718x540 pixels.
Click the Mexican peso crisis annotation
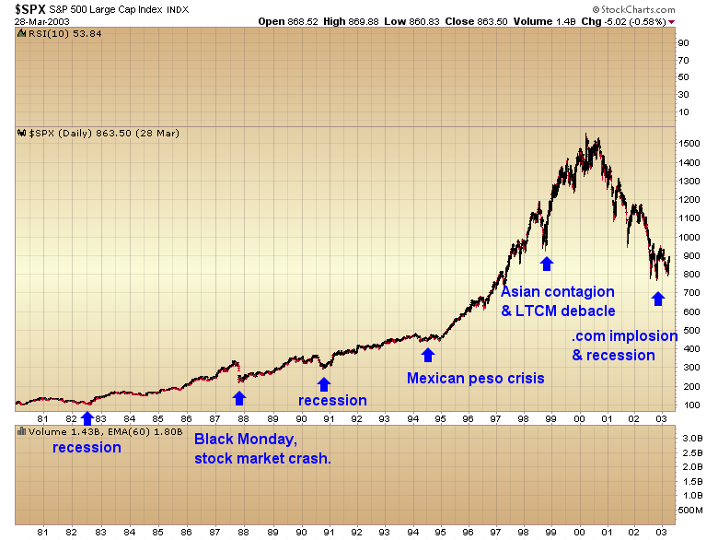(x=475, y=378)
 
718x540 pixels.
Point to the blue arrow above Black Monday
(x=239, y=397)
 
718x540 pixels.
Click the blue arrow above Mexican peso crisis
(x=427, y=354)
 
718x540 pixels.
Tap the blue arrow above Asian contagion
(x=547, y=264)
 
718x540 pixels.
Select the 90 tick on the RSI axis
(x=683, y=42)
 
